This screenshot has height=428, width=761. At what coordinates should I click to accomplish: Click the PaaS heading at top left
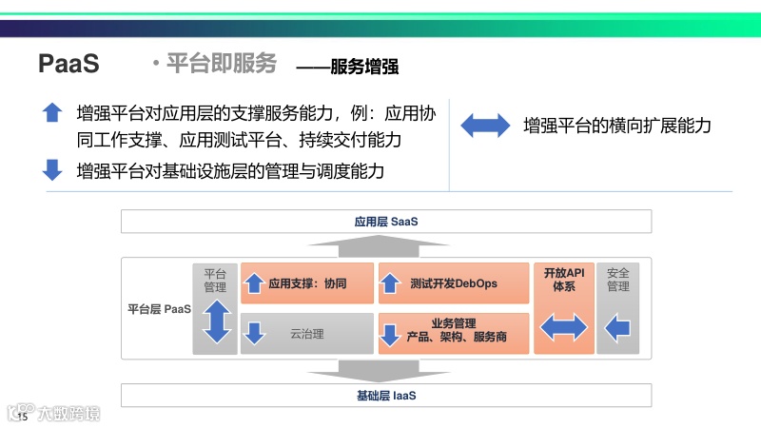[68, 64]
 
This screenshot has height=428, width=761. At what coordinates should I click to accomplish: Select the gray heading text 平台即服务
[221, 64]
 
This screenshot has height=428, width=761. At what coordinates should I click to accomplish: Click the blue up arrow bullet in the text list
[52, 112]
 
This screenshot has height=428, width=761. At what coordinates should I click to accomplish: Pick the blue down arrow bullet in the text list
[52, 170]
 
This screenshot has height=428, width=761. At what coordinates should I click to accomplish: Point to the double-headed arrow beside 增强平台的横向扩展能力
[485, 126]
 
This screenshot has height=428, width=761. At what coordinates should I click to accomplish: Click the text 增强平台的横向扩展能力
[616, 126]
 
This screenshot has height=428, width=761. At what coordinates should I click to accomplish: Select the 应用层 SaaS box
[386, 222]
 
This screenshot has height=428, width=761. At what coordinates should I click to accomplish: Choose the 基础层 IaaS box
[386, 395]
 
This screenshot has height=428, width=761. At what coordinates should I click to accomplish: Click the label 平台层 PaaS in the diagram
[159, 309]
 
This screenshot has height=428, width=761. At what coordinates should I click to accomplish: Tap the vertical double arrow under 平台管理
[216, 321]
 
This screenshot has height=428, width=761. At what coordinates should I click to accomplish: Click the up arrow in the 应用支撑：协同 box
[254, 283]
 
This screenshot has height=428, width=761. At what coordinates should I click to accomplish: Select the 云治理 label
[307, 334]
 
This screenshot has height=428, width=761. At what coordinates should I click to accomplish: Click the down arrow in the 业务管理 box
[390, 335]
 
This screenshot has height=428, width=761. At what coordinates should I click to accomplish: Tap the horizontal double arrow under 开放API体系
[564, 328]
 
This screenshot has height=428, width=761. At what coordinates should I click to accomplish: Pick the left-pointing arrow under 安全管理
[618, 328]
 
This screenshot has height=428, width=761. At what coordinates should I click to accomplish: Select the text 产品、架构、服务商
[457, 338]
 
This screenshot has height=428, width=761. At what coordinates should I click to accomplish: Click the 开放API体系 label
[564, 280]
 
